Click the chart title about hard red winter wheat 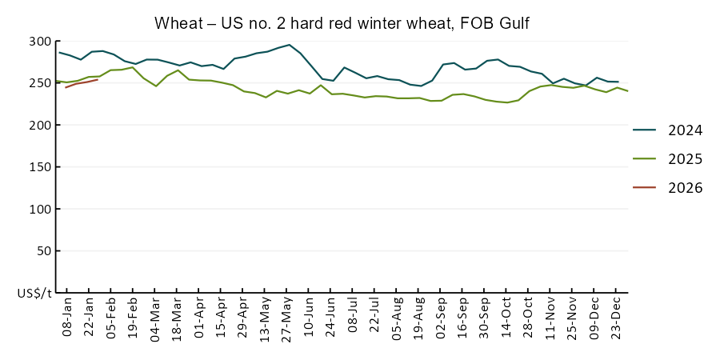coord(342,24)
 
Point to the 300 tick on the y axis coord(40,42)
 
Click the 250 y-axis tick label coord(40,83)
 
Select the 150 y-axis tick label coord(40,167)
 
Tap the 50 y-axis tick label coord(43,251)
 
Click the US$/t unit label coord(34,293)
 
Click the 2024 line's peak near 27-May coord(289,45)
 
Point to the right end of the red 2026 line coord(98,79)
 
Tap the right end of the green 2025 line coord(627,91)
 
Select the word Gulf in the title coord(513,24)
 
